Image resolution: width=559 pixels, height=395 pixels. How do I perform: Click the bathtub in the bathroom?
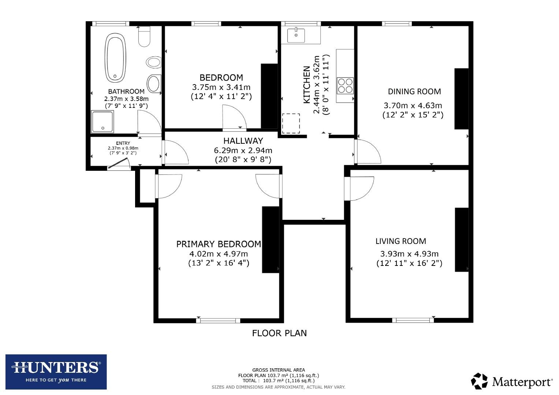coord(116,58)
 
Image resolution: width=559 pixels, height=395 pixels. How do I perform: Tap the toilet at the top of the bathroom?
coord(145,37)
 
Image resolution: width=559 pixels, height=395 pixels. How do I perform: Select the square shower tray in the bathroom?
coord(103,121)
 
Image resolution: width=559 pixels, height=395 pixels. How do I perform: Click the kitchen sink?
coord(296,35)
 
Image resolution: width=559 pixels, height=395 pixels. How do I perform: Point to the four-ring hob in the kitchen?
coord(345,86)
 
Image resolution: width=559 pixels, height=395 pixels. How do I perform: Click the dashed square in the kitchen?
coord(291,124)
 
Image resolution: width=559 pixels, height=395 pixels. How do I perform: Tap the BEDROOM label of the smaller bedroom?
coord(221,78)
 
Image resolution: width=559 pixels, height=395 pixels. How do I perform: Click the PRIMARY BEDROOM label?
coord(219,244)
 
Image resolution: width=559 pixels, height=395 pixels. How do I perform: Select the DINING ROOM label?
coord(414,91)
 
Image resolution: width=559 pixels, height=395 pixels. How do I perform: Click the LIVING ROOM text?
coord(400,241)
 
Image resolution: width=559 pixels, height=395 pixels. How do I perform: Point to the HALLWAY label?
coord(243,141)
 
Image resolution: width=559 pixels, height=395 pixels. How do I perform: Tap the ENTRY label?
coord(123,143)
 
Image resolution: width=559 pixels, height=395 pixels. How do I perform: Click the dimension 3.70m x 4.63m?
coord(413,106)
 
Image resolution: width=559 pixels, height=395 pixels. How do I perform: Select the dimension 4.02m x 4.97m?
coord(219,254)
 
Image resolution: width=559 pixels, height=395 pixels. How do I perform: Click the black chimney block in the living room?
coord(462,240)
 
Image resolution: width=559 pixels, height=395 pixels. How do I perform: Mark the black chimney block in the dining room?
coord(461,99)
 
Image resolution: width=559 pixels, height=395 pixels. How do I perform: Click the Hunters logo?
coord(56,372)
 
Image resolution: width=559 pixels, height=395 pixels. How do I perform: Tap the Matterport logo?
coord(512,381)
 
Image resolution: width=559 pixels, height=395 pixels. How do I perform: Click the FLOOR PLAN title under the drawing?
coord(279,333)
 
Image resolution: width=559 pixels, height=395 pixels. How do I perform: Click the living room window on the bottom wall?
coord(413,320)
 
